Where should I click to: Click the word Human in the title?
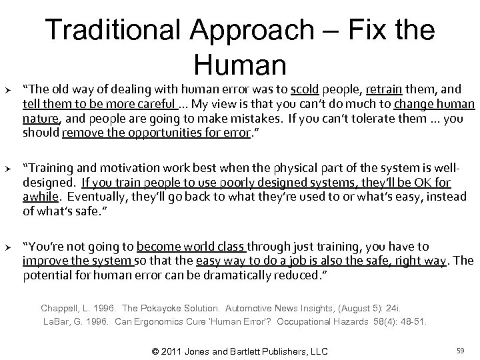(x=240, y=64)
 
